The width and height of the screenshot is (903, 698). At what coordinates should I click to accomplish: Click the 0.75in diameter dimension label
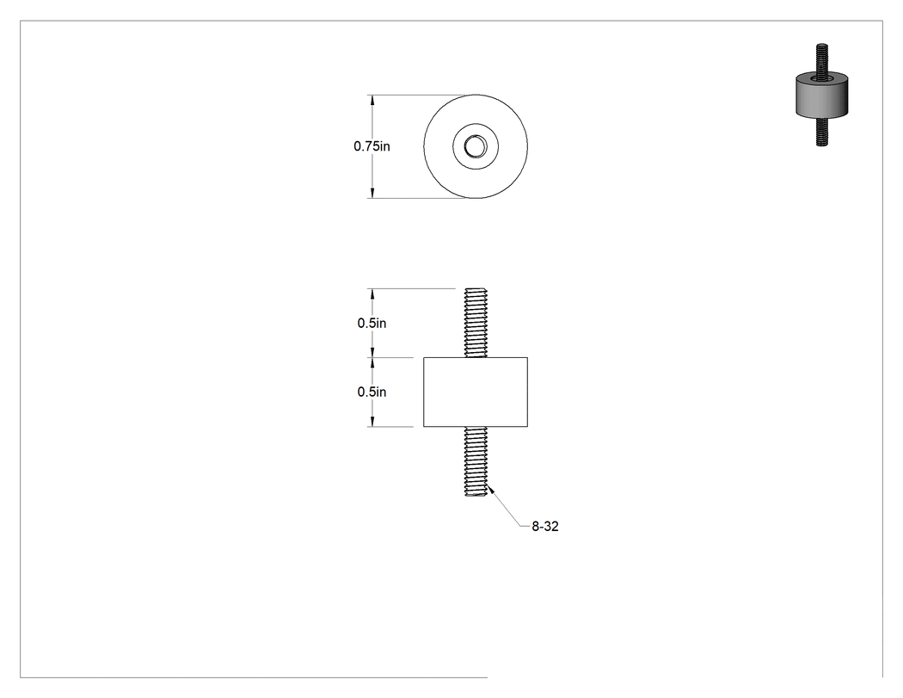(x=372, y=146)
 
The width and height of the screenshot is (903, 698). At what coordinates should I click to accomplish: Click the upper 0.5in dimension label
(x=372, y=324)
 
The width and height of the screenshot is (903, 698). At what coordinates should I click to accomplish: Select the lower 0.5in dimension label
(x=372, y=392)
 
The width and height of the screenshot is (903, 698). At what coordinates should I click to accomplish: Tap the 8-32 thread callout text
(x=544, y=526)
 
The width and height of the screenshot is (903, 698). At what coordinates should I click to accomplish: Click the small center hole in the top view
(x=476, y=145)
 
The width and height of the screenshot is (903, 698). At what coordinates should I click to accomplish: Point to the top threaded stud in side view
(x=476, y=323)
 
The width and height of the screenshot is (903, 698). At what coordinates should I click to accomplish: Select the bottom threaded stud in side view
(x=476, y=461)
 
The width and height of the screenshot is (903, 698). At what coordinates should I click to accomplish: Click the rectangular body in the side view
(x=476, y=392)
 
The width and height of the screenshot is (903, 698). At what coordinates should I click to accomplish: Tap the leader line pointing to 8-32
(x=505, y=507)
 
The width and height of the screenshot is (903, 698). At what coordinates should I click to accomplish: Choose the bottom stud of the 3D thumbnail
(x=822, y=132)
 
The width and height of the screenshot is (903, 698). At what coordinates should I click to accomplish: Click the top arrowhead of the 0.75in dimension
(x=372, y=100)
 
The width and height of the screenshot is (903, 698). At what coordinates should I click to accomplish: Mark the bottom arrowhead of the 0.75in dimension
(x=372, y=193)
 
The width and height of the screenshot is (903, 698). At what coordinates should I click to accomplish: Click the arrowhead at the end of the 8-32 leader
(x=491, y=491)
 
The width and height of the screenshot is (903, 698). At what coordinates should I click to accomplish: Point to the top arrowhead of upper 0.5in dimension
(x=372, y=293)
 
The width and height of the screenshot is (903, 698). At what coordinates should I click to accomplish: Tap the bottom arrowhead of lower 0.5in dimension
(x=372, y=422)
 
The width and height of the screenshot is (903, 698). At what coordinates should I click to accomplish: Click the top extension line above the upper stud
(x=411, y=288)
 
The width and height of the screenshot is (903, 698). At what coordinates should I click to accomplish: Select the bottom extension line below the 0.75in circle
(x=421, y=198)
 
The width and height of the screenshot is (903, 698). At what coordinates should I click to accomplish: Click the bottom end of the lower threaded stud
(x=476, y=496)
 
